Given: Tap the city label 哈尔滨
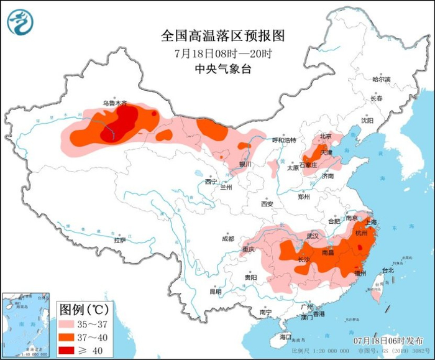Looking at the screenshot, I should (x=381, y=80).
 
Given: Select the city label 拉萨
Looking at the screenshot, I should (x=120, y=239).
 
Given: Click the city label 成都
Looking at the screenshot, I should (x=227, y=239).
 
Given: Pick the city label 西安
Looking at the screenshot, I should (x=267, y=203).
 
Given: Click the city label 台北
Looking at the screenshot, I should (x=387, y=270).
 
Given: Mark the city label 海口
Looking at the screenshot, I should (x=285, y=336).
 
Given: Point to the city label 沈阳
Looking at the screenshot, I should (x=367, y=121).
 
